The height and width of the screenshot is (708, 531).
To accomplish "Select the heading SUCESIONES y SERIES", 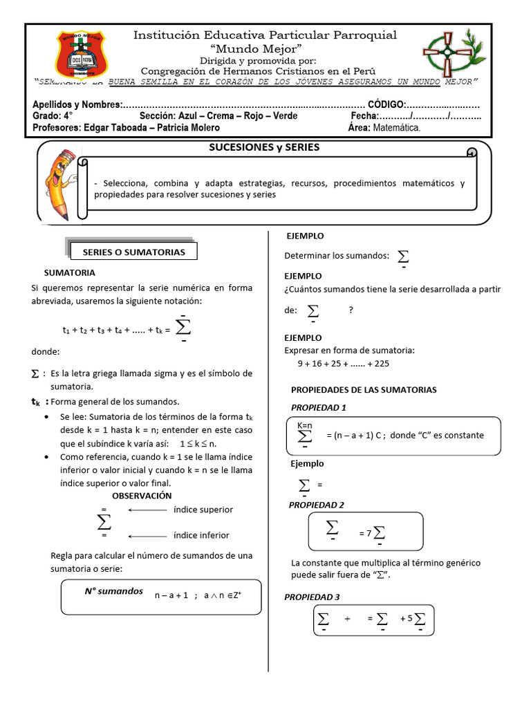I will tap(264, 147).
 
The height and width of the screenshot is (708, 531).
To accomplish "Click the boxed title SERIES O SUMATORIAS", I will tap(133, 252).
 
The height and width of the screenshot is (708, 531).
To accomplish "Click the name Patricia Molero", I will tap(187, 127).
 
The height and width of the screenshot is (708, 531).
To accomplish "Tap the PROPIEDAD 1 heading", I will tap(319, 407).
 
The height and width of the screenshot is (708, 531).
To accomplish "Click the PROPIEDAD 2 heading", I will tap(317, 505).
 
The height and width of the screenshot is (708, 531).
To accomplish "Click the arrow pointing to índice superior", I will tap(148, 510).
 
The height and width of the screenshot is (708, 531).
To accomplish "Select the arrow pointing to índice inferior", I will tap(148, 535).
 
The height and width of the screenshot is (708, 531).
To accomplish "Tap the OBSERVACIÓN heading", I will tap(142, 496).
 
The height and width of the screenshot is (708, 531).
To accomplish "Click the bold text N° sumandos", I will tap(113, 591).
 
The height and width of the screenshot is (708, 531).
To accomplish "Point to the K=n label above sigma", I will tap(305, 425).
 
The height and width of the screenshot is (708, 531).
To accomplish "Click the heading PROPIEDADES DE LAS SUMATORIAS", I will tap(364, 390).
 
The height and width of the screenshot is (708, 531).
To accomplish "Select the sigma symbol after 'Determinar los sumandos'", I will tap(402, 257).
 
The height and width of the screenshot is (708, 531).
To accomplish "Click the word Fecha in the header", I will tap(364, 116).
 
